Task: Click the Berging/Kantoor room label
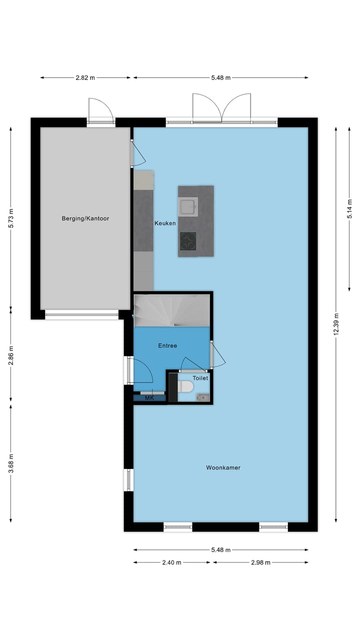coord(85,218)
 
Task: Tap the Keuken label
coord(165,223)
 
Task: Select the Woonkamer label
coord(223,468)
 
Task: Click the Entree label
coord(167,345)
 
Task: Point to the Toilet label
coord(200,378)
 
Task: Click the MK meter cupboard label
coord(149,398)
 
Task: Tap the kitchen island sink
coord(188,206)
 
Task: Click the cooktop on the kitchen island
coord(188,241)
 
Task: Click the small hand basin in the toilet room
coord(202,397)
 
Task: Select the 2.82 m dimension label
coord(85,77)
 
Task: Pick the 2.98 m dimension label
coord(260,562)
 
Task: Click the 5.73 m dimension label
coord(11,218)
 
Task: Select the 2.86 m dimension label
coord(11,356)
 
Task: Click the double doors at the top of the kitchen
coord(221,110)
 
